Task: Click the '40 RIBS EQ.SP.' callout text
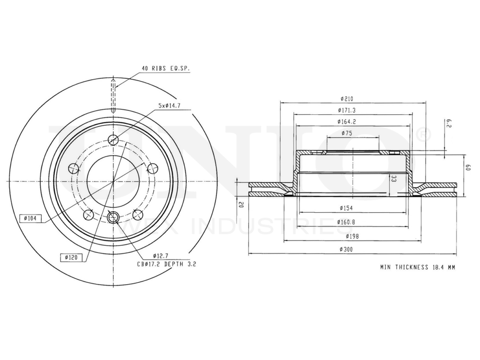click(x=166, y=69)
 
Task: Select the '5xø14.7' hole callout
click(x=173, y=105)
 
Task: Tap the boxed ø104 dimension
click(x=31, y=218)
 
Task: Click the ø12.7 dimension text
click(x=160, y=255)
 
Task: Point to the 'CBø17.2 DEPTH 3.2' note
click(x=167, y=264)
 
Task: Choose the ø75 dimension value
click(x=347, y=133)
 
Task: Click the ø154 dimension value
click(x=347, y=208)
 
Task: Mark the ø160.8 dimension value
click(x=347, y=222)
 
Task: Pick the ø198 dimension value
click(x=347, y=236)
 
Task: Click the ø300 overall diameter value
click(x=347, y=250)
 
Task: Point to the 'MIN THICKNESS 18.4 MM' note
click(x=417, y=267)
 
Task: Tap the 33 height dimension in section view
click(x=394, y=179)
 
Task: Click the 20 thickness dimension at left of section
click(x=242, y=205)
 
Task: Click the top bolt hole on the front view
click(x=113, y=140)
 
